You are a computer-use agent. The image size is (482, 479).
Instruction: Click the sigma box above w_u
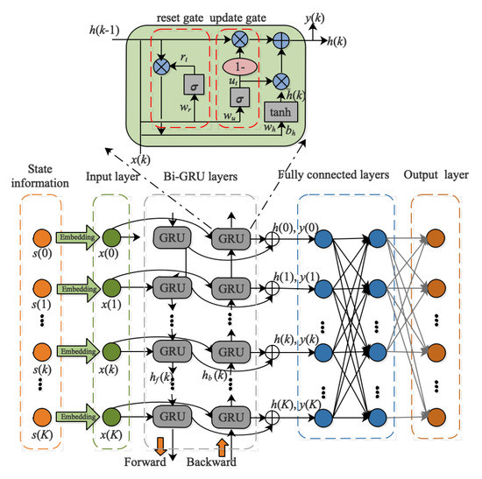point(237,94)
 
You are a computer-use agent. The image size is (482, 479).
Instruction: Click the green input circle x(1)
point(111,285)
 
